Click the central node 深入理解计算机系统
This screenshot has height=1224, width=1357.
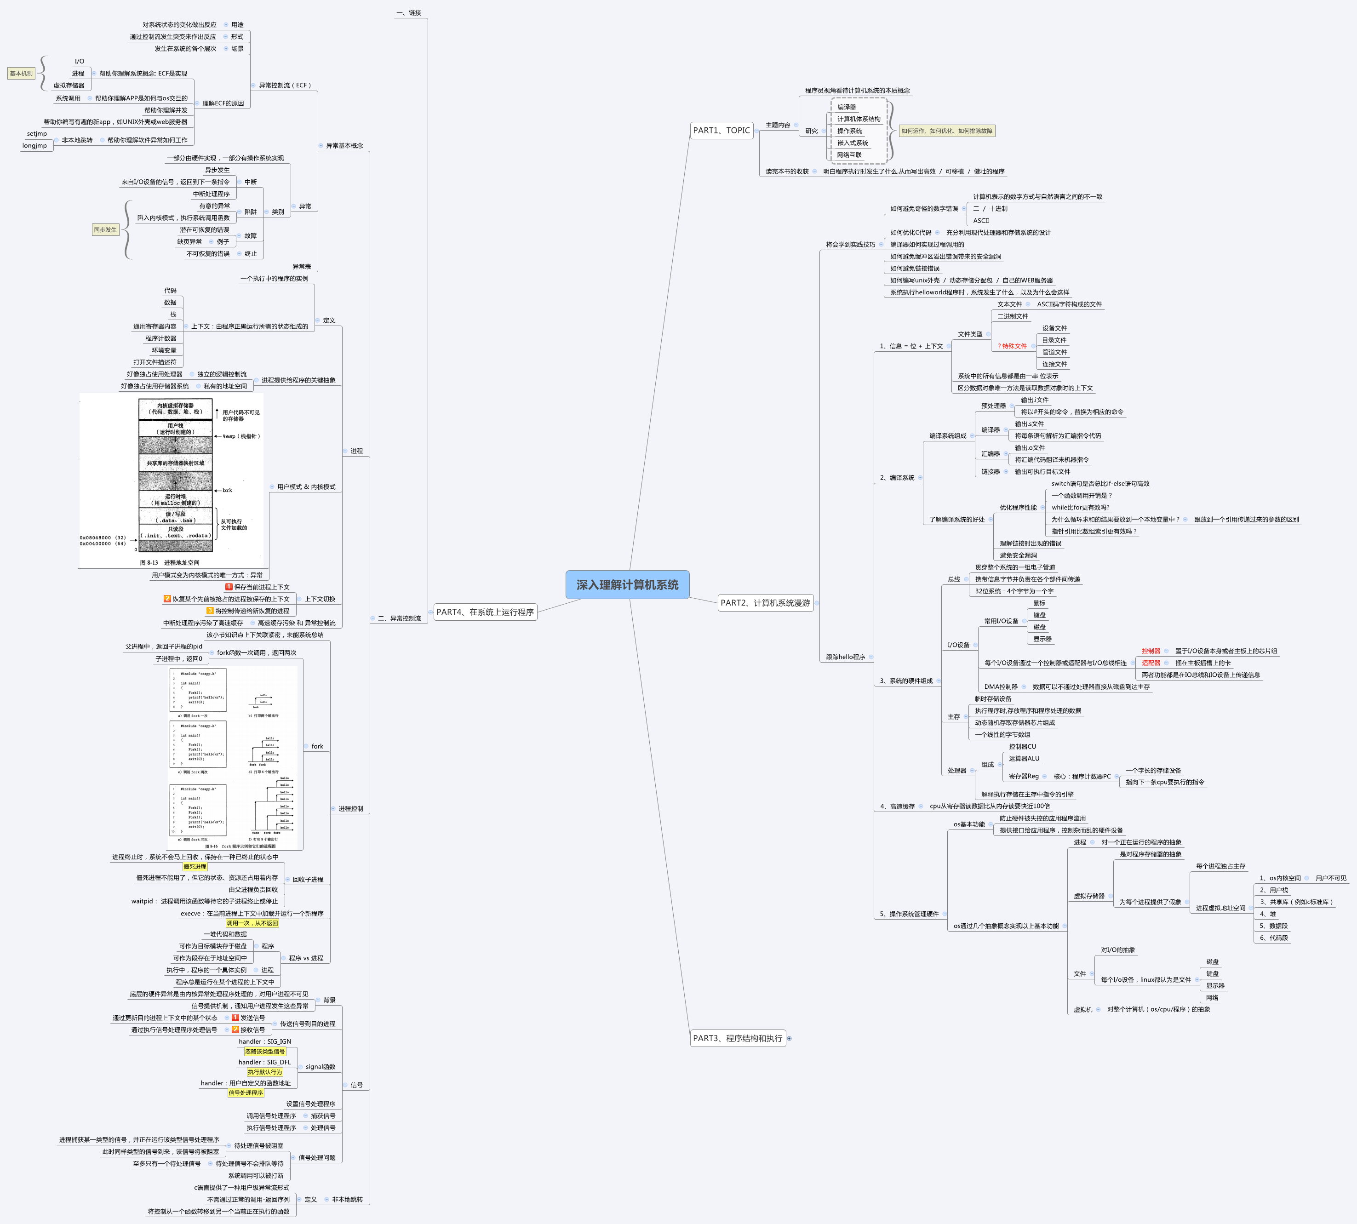coord(627,584)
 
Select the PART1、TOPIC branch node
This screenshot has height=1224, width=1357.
coord(721,131)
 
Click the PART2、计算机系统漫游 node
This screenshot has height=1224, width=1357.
coord(765,603)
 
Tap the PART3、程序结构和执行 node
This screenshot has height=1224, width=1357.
coord(737,1038)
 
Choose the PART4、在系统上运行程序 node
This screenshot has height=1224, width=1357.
coord(484,612)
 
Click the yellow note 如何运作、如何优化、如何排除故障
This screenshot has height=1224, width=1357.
coord(946,131)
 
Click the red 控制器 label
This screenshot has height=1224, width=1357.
coord(1151,651)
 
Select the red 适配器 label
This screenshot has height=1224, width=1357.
coord(1151,663)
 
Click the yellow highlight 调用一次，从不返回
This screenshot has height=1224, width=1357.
coord(252,923)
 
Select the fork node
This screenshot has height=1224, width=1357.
coord(317,747)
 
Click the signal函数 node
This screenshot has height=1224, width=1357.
coord(320,1067)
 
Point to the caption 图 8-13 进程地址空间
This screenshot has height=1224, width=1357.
coord(170,563)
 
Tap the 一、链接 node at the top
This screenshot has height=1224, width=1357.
coord(409,13)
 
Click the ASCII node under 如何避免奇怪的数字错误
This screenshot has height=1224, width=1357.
coord(981,221)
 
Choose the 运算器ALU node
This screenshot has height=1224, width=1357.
coord(1024,759)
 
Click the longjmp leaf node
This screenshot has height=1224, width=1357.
coord(34,146)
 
